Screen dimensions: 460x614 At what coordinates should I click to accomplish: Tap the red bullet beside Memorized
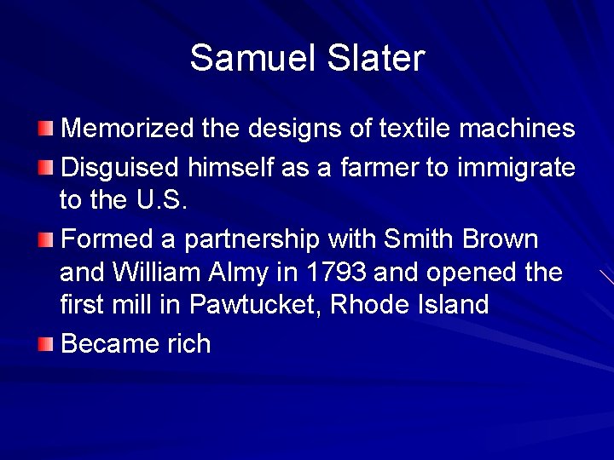(x=46, y=129)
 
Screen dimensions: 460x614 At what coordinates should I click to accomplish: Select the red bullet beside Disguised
(x=46, y=165)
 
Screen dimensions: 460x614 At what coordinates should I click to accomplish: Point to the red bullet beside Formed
(x=46, y=239)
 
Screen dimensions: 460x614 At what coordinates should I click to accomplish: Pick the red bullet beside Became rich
(x=46, y=344)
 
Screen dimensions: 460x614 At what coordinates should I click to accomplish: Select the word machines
(x=517, y=129)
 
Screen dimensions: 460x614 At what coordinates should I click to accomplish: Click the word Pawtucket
(x=254, y=304)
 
